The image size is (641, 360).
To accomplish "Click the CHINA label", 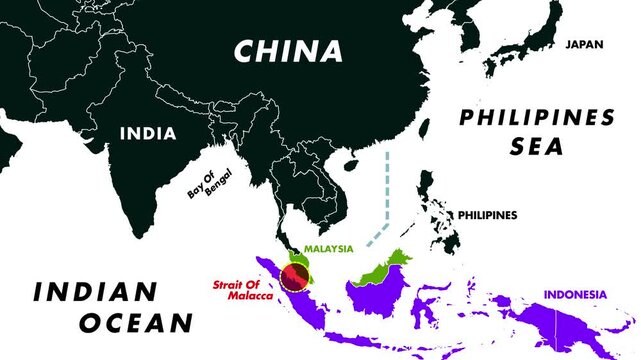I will point(288,51).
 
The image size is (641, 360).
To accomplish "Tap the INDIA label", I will point(148,133).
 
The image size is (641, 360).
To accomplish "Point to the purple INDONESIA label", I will point(575,294).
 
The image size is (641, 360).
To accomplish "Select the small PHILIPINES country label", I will point(487,215).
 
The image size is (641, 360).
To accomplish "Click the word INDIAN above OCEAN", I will point(96,292).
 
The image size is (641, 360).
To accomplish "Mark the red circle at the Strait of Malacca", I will point(295,277).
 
